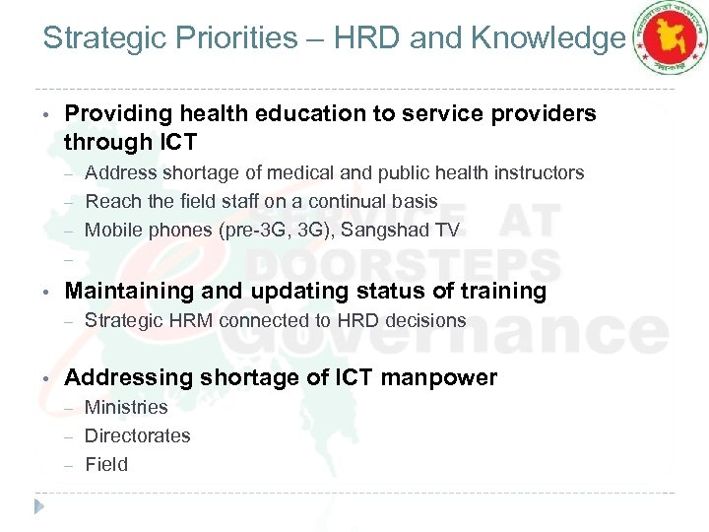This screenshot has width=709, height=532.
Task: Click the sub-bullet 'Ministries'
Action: pos(126,407)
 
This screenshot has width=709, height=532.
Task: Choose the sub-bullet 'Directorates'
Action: pos(138,435)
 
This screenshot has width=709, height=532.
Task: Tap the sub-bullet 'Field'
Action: pos(106,464)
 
